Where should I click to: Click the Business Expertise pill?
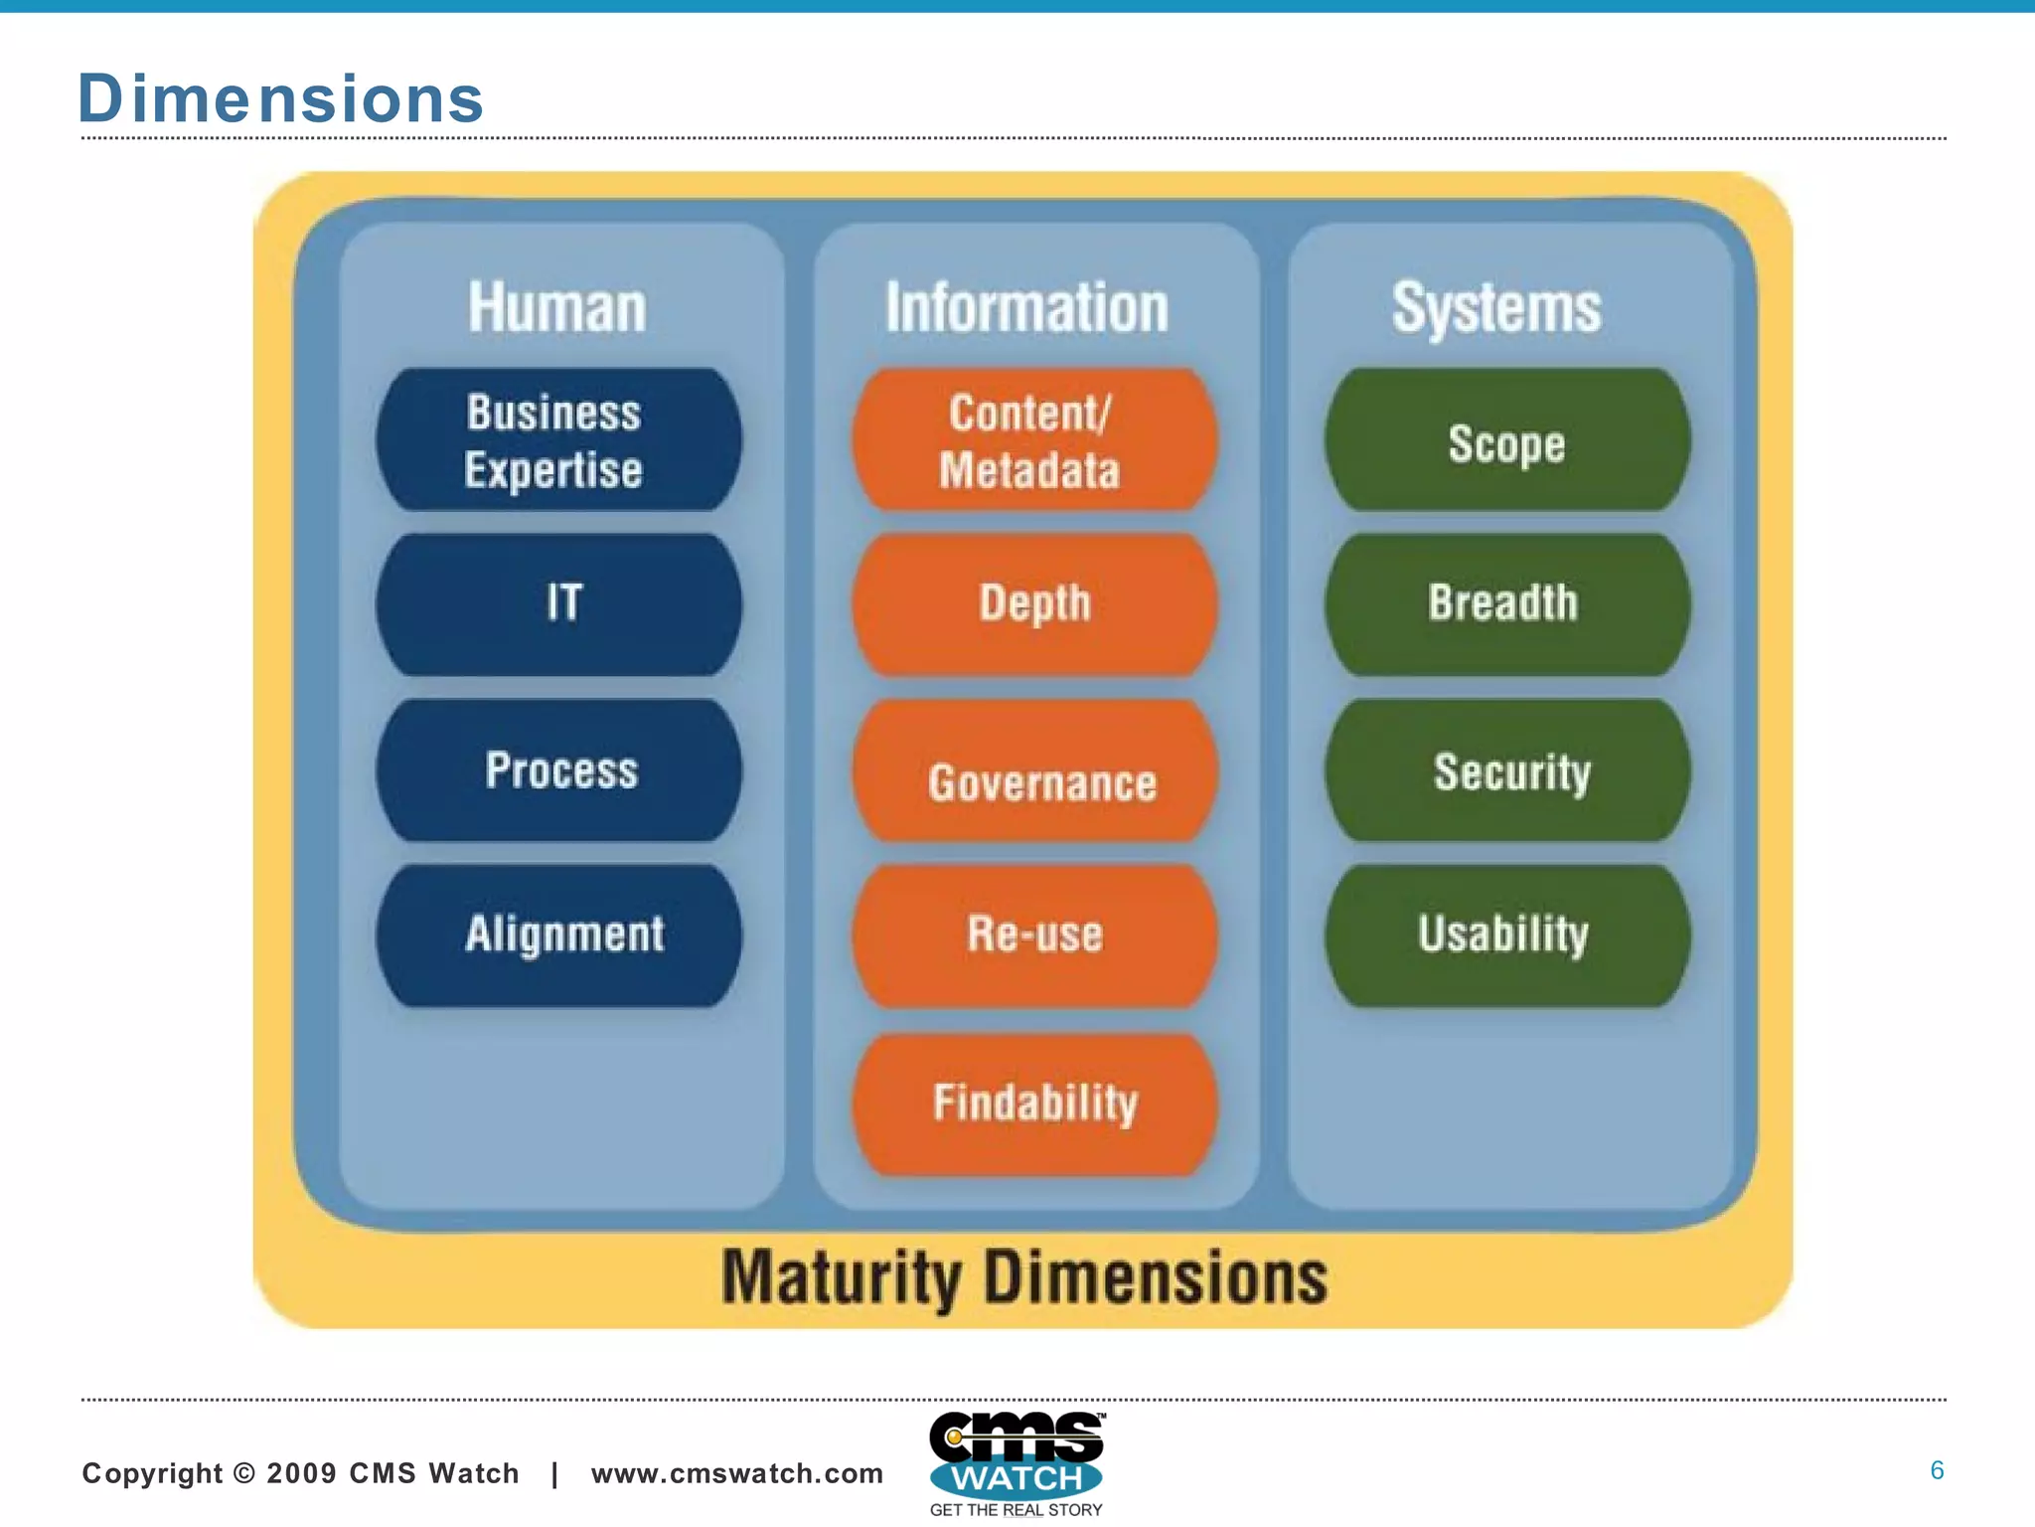click(x=558, y=440)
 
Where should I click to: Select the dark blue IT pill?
click(x=558, y=604)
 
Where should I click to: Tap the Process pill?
click(x=558, y=770)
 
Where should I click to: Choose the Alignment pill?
click(x=558, y=934)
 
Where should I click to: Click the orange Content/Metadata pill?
click(x=1033, y=440)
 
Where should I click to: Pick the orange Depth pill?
click(x=1033, y=604)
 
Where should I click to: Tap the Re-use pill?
click(x=1033, y=935)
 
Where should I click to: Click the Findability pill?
click(x=1033, y=1103)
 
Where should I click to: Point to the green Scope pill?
click(x=1507, y=440)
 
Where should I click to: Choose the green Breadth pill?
click(x=1507, y=604)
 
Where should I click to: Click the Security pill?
click(x=1507, y=770)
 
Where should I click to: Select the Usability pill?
click(x=1507, y=934)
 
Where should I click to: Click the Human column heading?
click(x=557, y=307)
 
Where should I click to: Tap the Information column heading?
click(x=1027, y=307)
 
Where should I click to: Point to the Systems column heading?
click(x=1496, y=307)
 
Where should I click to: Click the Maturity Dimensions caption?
click(x=1024, y=1277)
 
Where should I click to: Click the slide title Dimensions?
click(x=280, y=98)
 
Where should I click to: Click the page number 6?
click(x=1937, y=1470)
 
